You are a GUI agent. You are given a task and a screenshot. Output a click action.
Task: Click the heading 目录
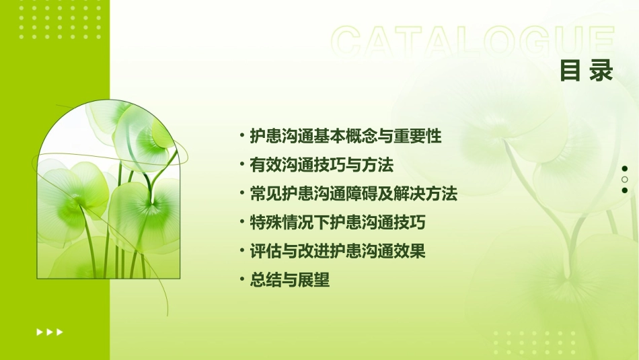pos(587,71)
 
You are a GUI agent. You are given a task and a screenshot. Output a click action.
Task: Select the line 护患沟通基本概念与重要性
pos(345,136)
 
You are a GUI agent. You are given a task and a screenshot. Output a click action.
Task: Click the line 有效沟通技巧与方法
pos(321,165)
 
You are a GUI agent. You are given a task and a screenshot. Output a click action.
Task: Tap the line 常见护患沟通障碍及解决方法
pos(353,194)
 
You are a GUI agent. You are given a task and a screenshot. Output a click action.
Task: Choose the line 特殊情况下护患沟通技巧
pos(337,223)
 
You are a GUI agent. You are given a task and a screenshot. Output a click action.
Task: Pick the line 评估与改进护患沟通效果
pos(337,252)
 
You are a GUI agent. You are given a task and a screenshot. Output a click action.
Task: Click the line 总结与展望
pos(289,281)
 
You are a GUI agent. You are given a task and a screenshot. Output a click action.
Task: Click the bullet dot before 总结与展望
pos(242,279)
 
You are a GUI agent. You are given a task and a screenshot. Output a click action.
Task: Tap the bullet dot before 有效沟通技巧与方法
pos(242,164)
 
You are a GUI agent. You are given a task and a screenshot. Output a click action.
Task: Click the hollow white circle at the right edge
pos(625,180)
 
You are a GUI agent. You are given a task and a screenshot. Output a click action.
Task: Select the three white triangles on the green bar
pos(50,332)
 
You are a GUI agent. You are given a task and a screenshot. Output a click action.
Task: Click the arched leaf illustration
pos(108,190)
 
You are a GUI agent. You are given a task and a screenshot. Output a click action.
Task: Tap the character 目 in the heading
pos(570,71)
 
